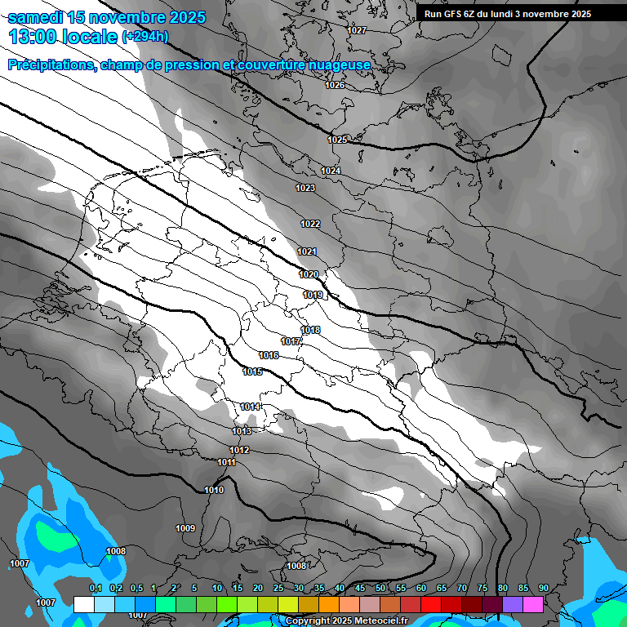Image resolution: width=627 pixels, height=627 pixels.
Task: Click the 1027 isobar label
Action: [357, 30]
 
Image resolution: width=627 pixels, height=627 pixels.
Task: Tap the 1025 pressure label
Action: [337, 140]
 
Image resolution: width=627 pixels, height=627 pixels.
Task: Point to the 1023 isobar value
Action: [305, 188]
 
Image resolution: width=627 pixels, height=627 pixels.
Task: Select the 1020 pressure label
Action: [309, 274]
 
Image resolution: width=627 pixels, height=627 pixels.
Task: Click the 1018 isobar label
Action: [310, 330]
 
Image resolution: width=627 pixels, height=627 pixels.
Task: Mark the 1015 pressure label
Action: [252, 371]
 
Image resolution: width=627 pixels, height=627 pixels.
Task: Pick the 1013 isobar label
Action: [242, 431]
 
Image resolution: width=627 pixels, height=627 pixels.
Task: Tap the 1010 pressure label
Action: [214, 490]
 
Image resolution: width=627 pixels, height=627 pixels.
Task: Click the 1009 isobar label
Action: [185, 528]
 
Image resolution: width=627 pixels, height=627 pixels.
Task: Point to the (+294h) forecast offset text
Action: [145, 36]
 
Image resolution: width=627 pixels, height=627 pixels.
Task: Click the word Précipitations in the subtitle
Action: [50, 64]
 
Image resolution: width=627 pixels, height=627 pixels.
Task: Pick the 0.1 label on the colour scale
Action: [95, 589]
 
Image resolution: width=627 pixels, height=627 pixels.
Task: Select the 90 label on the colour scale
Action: [543, 589]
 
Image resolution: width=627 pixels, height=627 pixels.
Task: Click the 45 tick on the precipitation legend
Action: [360, 589]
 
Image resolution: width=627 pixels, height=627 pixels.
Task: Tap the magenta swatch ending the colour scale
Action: [533, 604]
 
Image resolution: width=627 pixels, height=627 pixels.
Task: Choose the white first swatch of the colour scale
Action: [83, 604]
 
